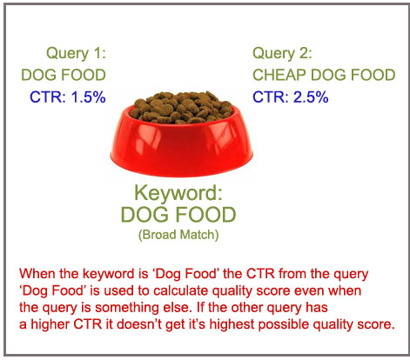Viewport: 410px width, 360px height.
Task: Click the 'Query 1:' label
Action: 77,54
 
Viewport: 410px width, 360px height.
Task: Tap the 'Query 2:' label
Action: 282,54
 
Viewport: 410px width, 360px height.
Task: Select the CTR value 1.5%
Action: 88,97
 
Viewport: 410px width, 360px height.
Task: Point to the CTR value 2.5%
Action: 311,97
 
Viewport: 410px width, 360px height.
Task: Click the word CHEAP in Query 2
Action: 279,75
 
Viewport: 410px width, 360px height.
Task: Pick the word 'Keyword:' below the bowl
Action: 178,193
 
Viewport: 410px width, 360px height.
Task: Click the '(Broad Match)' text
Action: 178,235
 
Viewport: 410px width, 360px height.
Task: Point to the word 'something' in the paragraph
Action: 127,308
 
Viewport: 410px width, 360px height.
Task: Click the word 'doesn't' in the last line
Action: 139,324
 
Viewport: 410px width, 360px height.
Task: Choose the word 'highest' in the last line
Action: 232,324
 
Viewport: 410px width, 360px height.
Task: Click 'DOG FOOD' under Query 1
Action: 64,75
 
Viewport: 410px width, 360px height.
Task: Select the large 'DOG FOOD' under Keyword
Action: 178,215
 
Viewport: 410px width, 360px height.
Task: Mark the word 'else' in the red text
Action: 175,307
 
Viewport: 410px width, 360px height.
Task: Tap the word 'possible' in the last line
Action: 281,324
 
